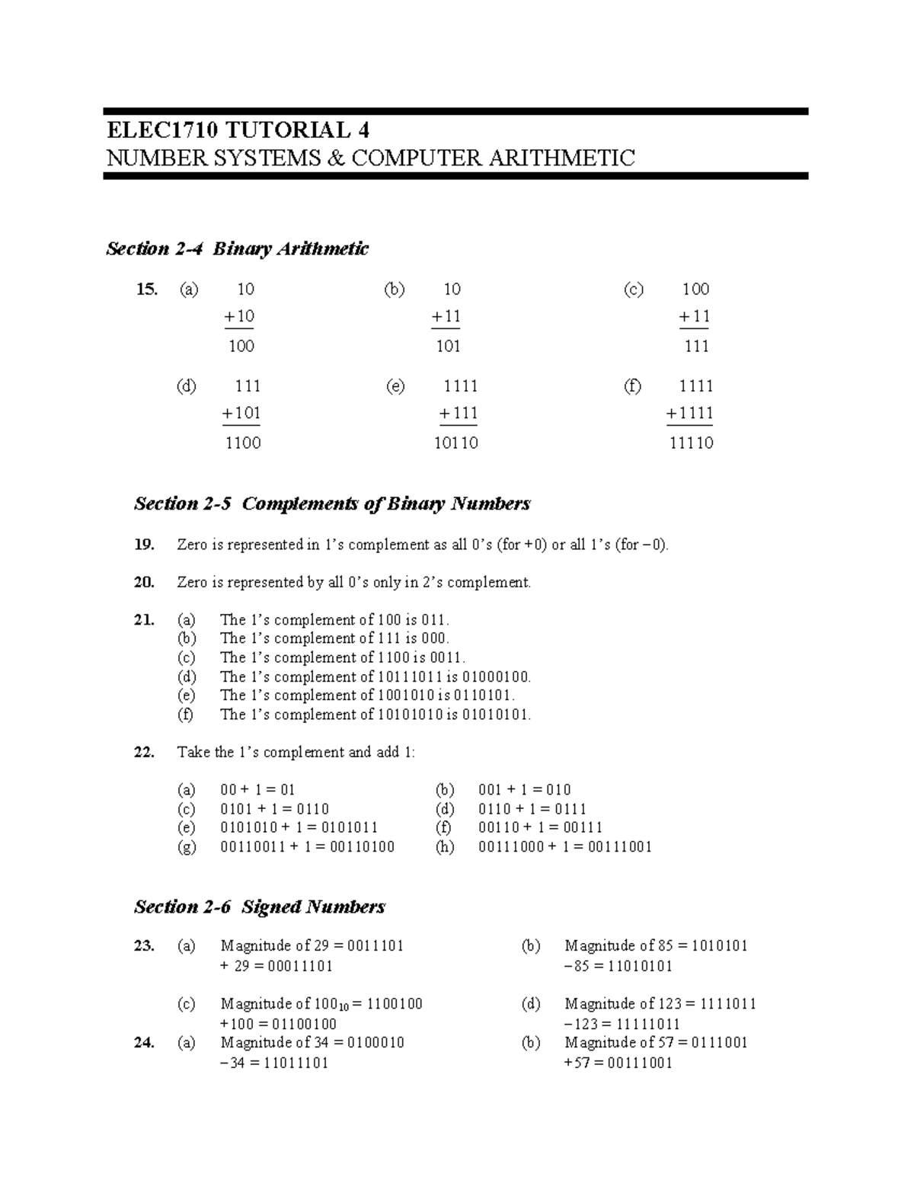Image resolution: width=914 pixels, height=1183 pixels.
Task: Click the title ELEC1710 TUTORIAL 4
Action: coord(238,129)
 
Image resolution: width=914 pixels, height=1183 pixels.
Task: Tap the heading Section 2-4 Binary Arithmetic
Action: coord(237,249)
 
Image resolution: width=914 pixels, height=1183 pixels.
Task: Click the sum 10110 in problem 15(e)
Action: coord(455,443)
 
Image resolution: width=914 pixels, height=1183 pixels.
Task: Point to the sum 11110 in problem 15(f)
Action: coord(691,443)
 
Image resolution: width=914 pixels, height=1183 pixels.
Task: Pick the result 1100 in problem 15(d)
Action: coord(243,443)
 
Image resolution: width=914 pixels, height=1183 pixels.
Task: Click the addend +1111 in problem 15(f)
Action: coord(689,414)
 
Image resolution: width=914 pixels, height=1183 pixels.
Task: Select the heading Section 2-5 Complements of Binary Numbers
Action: coord(332,504)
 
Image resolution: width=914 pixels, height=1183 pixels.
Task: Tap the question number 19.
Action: coord(144,545)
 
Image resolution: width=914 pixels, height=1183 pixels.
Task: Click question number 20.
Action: coord(144,583)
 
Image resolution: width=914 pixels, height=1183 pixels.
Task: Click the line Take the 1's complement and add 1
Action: coord(296,753)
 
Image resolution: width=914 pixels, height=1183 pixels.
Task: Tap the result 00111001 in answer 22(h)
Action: coord(619,847)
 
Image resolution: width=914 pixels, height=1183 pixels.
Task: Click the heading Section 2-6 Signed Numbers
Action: coord(260,907)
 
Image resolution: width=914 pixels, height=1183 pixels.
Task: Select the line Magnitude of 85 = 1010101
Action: coord(656,946)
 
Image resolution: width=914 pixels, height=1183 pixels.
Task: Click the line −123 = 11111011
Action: coord(622,1024)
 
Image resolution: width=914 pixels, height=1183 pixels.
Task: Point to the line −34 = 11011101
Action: coord(274,1063)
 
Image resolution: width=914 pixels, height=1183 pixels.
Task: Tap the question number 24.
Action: coord(144,1043)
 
